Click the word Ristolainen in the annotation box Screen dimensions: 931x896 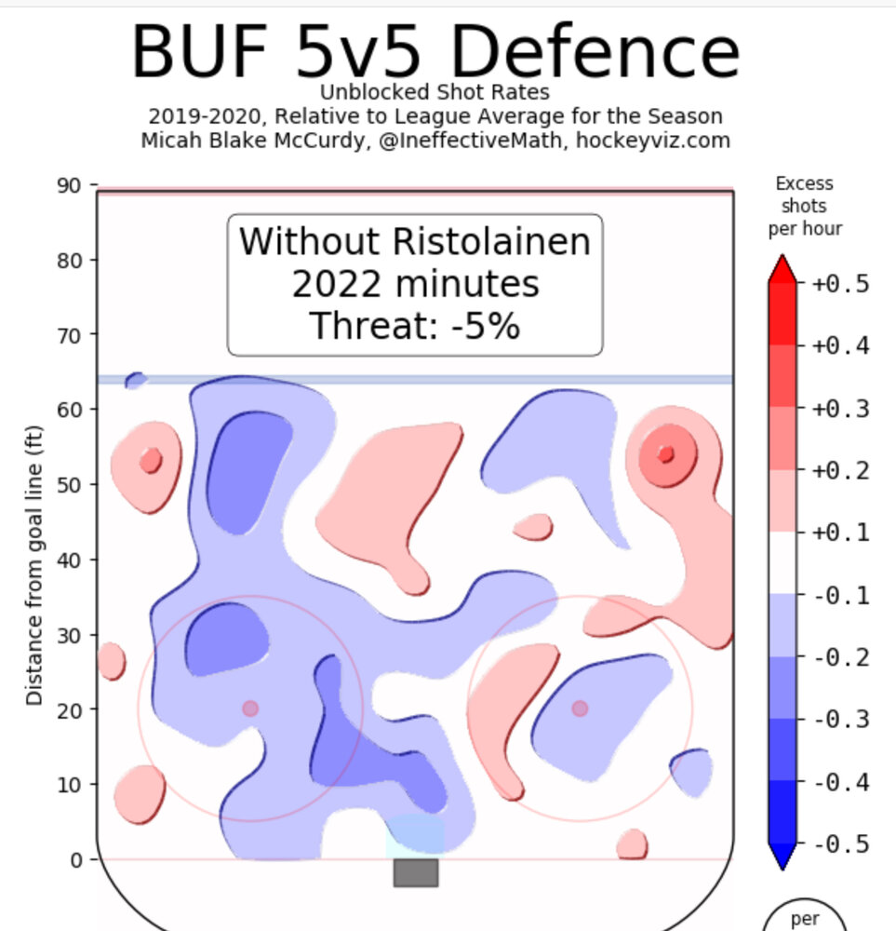(x=492, y=242)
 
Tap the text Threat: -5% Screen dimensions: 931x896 (x=414, y=327)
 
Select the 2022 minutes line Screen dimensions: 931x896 (x=415, y=284)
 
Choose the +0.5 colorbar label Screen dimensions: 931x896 (x=840, y=284)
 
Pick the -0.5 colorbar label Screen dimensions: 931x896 (x=840, y=844)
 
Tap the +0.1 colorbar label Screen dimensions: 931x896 (x=840, y=533)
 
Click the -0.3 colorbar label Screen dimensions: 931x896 (x=840, y=720)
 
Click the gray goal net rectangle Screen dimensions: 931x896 (x=415, y=872)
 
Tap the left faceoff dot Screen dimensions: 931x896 (x=249, y=708)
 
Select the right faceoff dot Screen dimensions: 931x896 (x=580, y=708)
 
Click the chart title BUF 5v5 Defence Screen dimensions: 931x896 (x=435, y=51)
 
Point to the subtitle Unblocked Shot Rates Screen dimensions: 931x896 (x=435, y=92)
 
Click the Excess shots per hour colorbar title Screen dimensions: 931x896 (x=805, y=206)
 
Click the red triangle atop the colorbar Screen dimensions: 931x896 (x=782, y=268)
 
